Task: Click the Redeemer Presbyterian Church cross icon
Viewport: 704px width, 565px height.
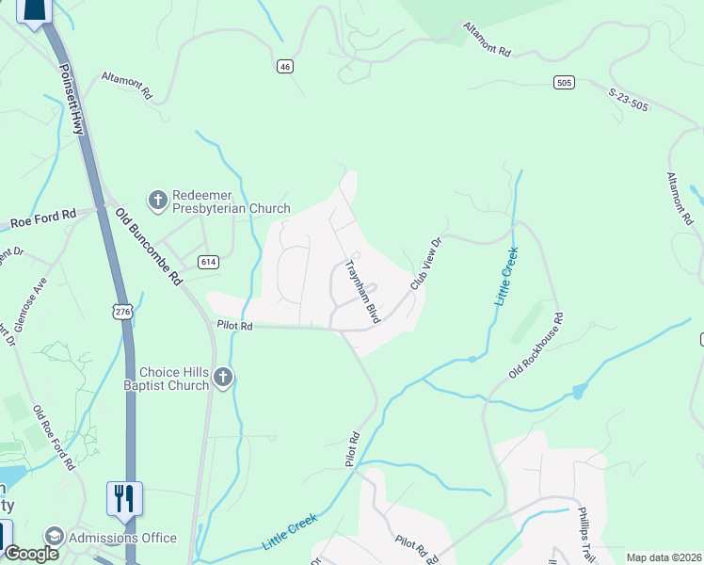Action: (x=157, y=200)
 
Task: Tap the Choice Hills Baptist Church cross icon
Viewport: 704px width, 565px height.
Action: (x=223, y=378)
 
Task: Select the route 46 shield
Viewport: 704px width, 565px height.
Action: (x=285, y=66)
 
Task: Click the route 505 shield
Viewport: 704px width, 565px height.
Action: (x=564, y=82)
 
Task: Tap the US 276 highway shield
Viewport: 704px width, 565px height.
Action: (x=122, y=312)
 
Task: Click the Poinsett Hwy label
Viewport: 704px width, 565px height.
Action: (x=72, y=99)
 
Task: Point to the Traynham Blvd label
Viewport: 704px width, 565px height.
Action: (x=363, y=292)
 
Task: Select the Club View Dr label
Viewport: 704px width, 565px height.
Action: (x=425, y=264)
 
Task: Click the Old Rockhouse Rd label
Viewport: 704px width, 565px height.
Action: (x=536, y=347)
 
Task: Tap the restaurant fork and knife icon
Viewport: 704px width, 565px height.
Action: (x=125, y=497)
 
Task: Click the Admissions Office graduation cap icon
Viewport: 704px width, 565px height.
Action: (x=55, y=538)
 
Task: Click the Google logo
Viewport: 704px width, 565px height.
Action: (x=31, y=554)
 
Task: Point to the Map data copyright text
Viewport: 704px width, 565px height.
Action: (x=664, y=557)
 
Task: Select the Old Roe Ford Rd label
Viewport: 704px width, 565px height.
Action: (x=54, y=438)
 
